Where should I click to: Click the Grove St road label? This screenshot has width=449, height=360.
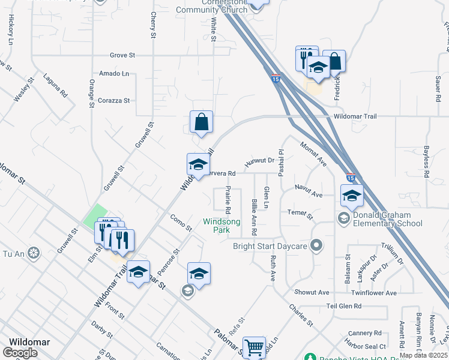[x=122, y=55]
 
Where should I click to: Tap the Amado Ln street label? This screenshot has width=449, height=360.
[x=114, y=73]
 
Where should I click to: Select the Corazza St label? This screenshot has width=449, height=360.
[x=114, y=100]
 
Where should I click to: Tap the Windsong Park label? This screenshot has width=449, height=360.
[x=221, y=226]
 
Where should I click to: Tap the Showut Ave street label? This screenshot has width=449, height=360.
[x=312, y=293]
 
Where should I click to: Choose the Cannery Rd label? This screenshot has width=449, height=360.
[x=364, y=333]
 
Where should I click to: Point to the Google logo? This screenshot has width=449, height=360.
[x=20, y=353]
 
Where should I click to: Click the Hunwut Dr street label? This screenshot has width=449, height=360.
[x=259, y=161]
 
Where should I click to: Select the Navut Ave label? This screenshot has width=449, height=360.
[x=309, y=195]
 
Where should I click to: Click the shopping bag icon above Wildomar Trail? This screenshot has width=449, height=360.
[x=201, y=122]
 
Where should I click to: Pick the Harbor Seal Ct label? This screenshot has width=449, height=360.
[x=365, y=347]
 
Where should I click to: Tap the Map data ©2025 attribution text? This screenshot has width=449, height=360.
[x=424, y=355]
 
